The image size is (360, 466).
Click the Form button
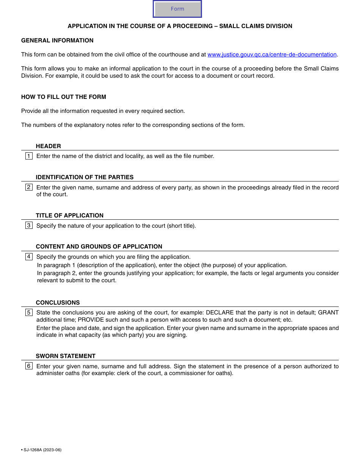point(177,9)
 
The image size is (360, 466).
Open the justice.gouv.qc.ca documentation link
point(272,55)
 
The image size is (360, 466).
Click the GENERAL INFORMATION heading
point(57,41)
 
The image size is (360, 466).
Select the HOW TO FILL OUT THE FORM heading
point(64,97)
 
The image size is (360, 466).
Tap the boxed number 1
point(29,156)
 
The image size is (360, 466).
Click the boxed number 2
point(29,187)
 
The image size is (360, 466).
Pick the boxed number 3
point(29,225)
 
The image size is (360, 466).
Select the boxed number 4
point(29,256)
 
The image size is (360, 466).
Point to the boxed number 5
point(29,313)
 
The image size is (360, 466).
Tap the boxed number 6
point(29,366)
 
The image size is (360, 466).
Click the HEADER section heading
point(48,146)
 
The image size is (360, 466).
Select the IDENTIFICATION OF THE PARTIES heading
point(85,177)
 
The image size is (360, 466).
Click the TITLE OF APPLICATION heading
point(69,216)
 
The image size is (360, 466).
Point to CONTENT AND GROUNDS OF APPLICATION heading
point(99,247)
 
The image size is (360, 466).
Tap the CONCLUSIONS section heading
point(58,303)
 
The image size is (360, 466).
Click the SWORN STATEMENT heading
point(66,356)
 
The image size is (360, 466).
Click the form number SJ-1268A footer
point(42,450)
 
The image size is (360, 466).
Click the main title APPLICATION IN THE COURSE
point(180,26)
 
